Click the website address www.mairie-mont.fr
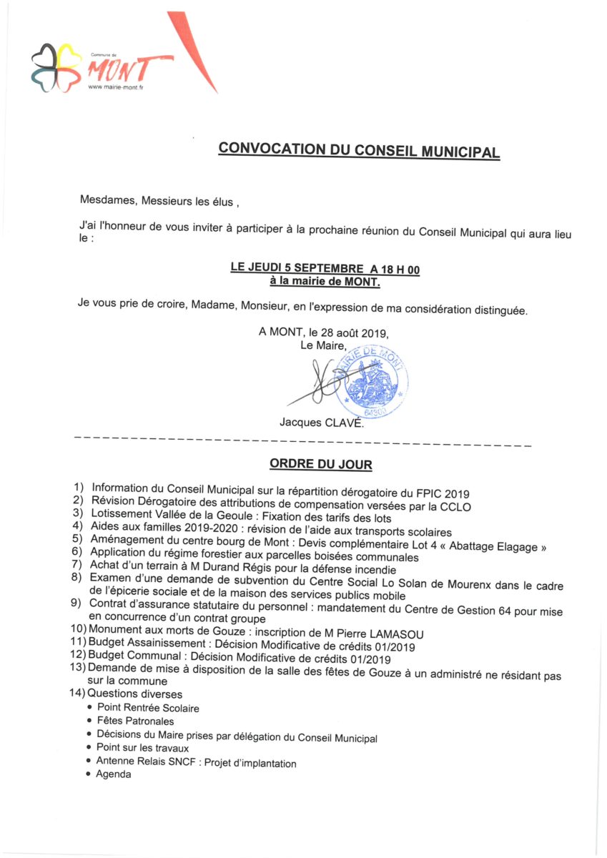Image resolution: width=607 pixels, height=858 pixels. coord(116,88)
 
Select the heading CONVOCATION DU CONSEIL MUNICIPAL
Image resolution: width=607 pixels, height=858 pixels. coord(359,150)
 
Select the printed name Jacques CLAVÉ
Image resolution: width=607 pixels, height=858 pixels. coord(321,423)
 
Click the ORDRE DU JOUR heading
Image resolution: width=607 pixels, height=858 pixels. coord(320,465)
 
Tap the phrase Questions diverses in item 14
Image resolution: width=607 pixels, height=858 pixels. coord(135,694)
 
